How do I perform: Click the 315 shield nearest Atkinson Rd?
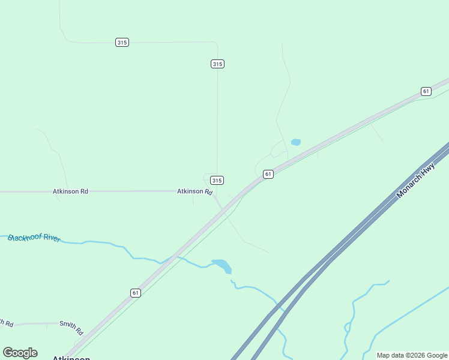tap(217, 180)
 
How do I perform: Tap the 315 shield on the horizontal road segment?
tap(122, 43)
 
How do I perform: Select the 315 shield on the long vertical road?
tap(217, 64)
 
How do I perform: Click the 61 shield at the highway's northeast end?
tap(426, 91)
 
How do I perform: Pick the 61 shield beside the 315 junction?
tap(268, 174)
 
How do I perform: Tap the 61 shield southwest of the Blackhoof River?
tap(136, 293)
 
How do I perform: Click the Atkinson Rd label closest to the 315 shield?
tap(194, 191)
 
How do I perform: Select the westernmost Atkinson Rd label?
tap(70, 191)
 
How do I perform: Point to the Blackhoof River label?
tap(34, 238)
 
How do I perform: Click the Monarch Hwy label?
tap(415, 181)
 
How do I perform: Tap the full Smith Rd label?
tap(71, 327)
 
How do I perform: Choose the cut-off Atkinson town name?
tap(71, 358)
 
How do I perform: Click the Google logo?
tap(20, 353)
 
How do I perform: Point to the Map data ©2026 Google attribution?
tap(412, 355)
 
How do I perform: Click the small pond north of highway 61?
tap(295, 142)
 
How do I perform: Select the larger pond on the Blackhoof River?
tap(221, 265)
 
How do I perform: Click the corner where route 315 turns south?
tap(216, 43)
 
